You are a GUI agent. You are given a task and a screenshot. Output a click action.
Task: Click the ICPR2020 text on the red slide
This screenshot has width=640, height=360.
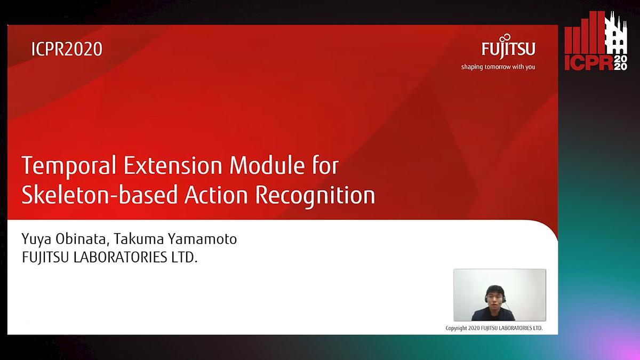click(67, 49)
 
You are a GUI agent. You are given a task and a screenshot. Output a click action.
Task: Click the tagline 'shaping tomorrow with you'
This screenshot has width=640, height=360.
click(498, 67)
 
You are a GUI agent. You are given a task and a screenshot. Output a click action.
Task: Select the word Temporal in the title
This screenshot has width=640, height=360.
click(69, 165)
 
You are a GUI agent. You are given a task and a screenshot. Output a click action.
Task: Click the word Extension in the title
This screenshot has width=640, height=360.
click(173, 165)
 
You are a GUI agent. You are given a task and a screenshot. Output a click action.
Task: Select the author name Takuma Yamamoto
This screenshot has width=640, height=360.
click(175, 239)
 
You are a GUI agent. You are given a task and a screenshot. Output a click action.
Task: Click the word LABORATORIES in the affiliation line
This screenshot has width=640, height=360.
click(121, 257)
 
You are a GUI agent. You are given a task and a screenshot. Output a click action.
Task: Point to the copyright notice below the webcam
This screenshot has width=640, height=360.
click(494, 328)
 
